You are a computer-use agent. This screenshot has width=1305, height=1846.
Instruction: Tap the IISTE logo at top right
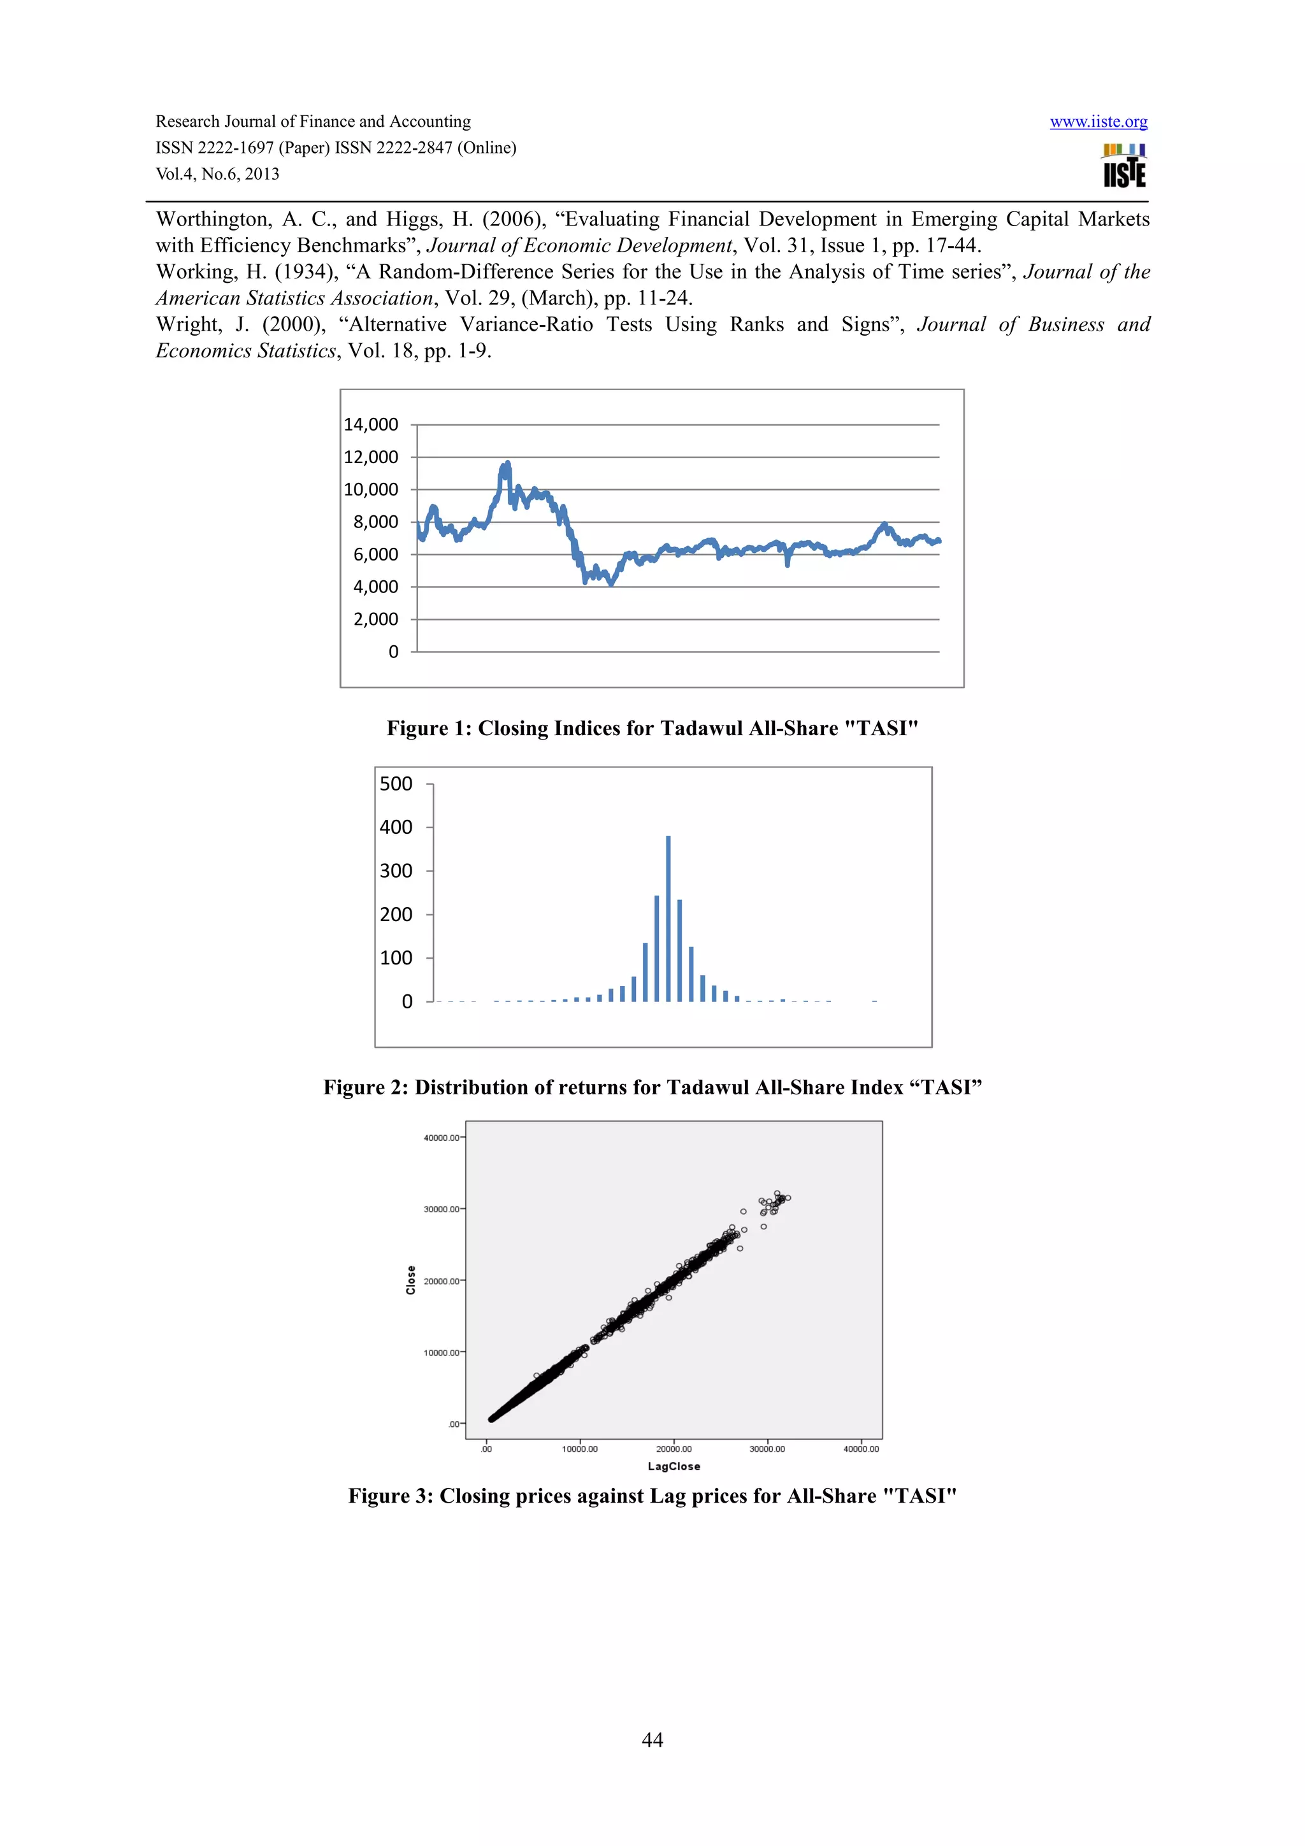point(1124,166)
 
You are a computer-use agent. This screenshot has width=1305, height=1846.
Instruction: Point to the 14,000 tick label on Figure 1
point(371,424)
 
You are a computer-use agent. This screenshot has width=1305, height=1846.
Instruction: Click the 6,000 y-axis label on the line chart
point(375,554)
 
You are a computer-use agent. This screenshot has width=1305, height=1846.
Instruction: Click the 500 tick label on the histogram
point(396,784)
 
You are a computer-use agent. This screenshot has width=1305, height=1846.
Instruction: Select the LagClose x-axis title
point(674,1466)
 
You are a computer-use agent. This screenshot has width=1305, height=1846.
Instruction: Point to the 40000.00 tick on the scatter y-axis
point(442,1138)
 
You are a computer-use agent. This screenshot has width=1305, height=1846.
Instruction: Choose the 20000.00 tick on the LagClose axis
point(674,1449)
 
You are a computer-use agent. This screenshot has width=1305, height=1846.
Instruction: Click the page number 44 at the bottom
point(652,1739)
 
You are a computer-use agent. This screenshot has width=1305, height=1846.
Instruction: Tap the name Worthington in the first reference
point(212,220)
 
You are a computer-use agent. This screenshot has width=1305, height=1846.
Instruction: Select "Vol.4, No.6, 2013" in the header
point(217,174)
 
